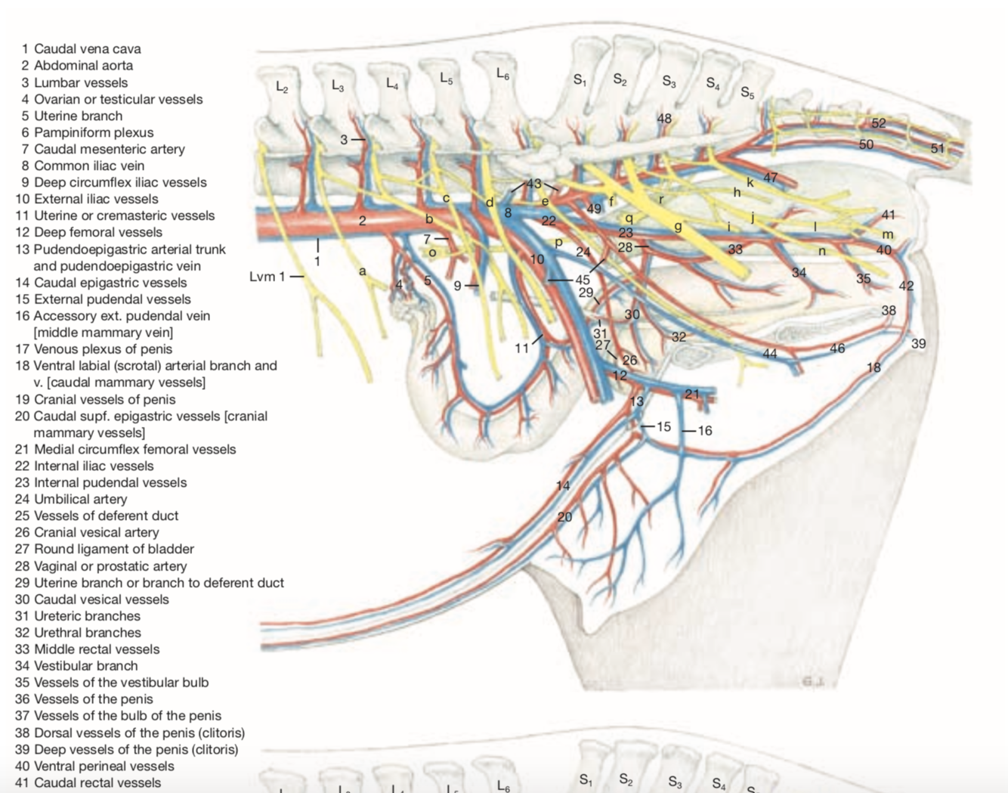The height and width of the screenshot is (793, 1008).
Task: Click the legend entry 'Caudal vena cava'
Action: point(87,48)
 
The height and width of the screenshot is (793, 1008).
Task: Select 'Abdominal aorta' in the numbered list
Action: point(83,65)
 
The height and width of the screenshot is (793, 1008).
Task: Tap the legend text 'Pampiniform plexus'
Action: point(93,132)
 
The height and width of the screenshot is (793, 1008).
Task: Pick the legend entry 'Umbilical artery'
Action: point(80,499)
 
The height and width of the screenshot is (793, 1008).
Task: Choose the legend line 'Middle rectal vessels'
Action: point(96,649)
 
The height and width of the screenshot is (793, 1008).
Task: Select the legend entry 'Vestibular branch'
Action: point(85,665)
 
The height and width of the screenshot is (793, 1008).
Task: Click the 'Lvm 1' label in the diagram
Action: point(267,277)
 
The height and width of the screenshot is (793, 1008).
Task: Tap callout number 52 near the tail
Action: point(878,123)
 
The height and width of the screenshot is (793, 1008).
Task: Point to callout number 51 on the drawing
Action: point(938,148)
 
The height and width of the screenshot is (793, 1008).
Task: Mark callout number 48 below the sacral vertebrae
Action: point(664,119)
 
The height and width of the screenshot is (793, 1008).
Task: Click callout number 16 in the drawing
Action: point(704,431)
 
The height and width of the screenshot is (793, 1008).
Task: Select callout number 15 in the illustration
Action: point(663,426)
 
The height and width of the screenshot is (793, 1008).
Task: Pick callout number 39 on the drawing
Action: point(918,343)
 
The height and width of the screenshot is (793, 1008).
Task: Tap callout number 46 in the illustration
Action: point(837,348)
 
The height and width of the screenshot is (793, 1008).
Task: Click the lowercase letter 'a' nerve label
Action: point(363,271)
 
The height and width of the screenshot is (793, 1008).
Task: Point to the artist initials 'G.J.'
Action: point(813,681)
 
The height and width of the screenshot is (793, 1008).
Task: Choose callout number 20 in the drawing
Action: point(564,517)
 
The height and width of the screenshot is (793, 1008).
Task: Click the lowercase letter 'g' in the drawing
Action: point(678,226)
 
